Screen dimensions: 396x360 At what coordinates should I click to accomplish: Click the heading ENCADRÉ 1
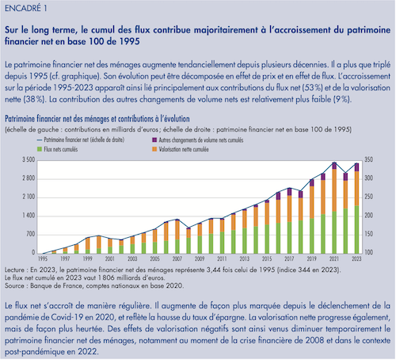pyautogui.click(x=26, y=9)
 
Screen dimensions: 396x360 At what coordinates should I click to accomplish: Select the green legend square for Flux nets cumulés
pyautogui.click(x=40, y=149)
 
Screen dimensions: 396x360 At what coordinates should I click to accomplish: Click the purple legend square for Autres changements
pyautogui.click(x=154, y=140)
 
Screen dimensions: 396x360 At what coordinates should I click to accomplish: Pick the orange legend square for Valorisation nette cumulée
pyautogui.click(x=154, y=149)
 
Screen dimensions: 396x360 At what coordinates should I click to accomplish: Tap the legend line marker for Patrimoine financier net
pyautogui.click(x=40, y=140)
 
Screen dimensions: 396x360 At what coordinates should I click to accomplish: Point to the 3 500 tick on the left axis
pyautogui.click(x=29, y=159)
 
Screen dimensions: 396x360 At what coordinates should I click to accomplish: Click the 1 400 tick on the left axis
pyautogui.click(x=29, y=216)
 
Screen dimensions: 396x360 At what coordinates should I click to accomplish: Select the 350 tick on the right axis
pyautogui.click(x=368, y=159)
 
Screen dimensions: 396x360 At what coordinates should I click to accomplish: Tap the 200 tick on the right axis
pyautogui.click(x=368, y=216)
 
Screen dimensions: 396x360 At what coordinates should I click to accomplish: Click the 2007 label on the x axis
pyautogui.click(x=177, y=259)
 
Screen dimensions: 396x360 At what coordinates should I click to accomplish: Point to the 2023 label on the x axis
pyautogui.click(x=356, y=259)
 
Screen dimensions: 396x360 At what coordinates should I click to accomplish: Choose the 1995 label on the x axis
pyautogui.click(x=43, y=259)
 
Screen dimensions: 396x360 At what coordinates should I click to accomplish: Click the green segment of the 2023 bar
pyautogui.click(x=356, y=229)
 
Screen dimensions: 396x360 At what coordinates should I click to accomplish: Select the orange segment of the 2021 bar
pyautogui.click(x=334, y=190)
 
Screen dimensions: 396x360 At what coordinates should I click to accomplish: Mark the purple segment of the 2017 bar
pyautogui.click(x=289, y=192)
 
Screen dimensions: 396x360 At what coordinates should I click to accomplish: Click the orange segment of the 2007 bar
pyautogui.click(x=177, y=230)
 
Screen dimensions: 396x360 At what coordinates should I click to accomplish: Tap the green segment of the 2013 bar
pyautogui.click(x=245, y=241)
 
